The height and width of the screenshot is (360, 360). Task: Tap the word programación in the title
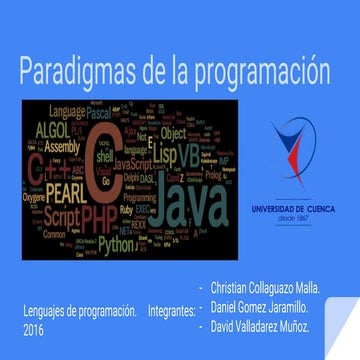click(x=266, y=74)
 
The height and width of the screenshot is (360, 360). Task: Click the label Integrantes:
click(x=171, y=311)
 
